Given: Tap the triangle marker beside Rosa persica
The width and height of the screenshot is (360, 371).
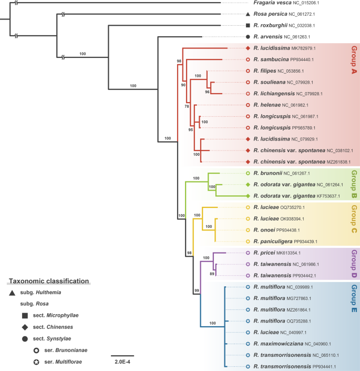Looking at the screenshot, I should point(248,14).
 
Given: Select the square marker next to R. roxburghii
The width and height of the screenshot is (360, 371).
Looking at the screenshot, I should point(248,25).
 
